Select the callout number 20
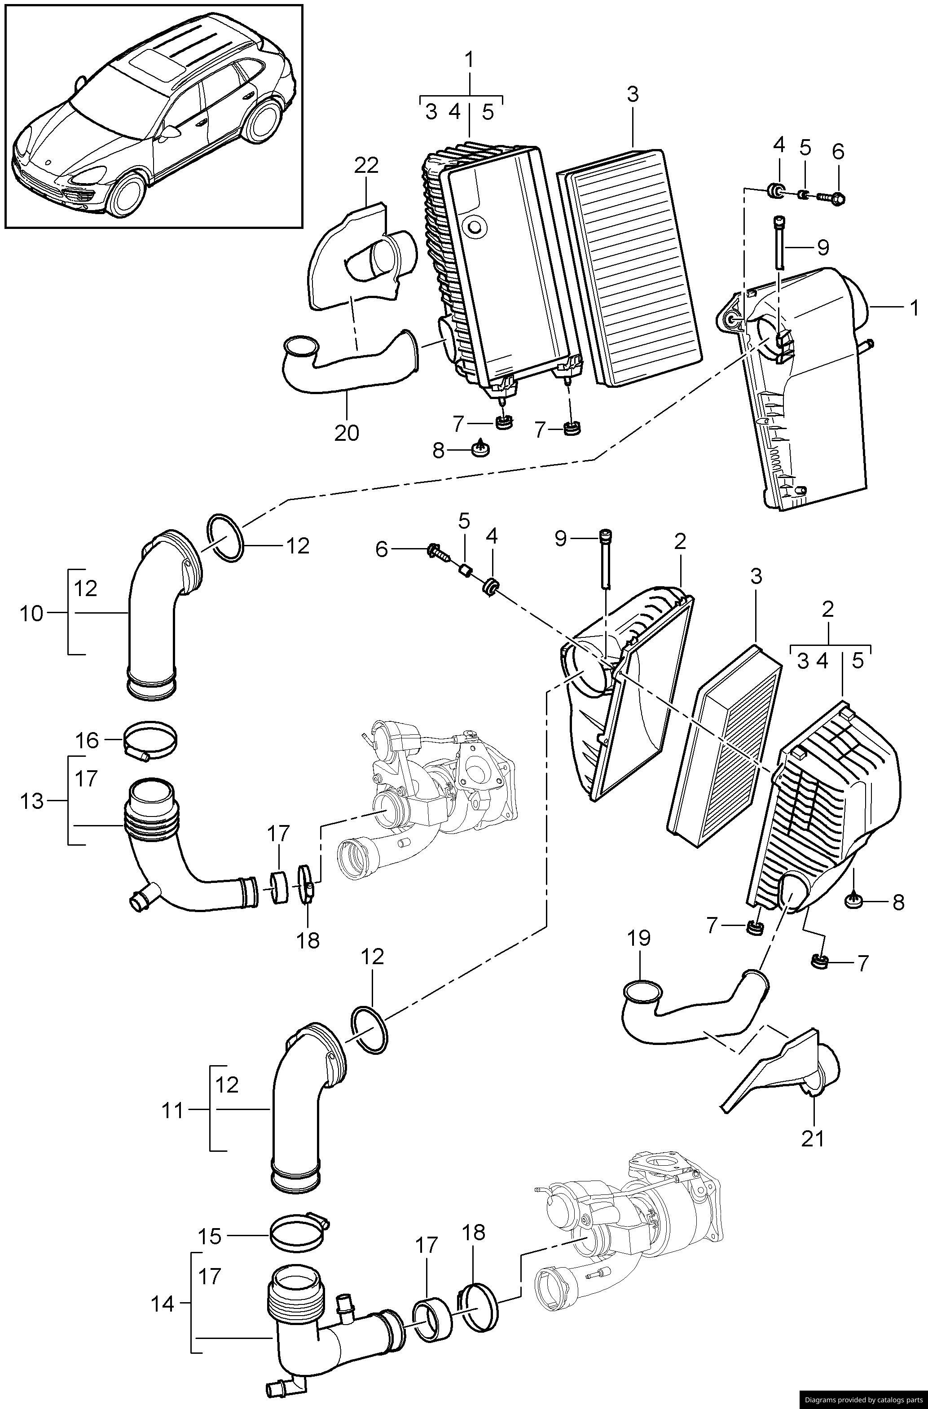[x=347, y=433]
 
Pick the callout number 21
[x=813, y=1138]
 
